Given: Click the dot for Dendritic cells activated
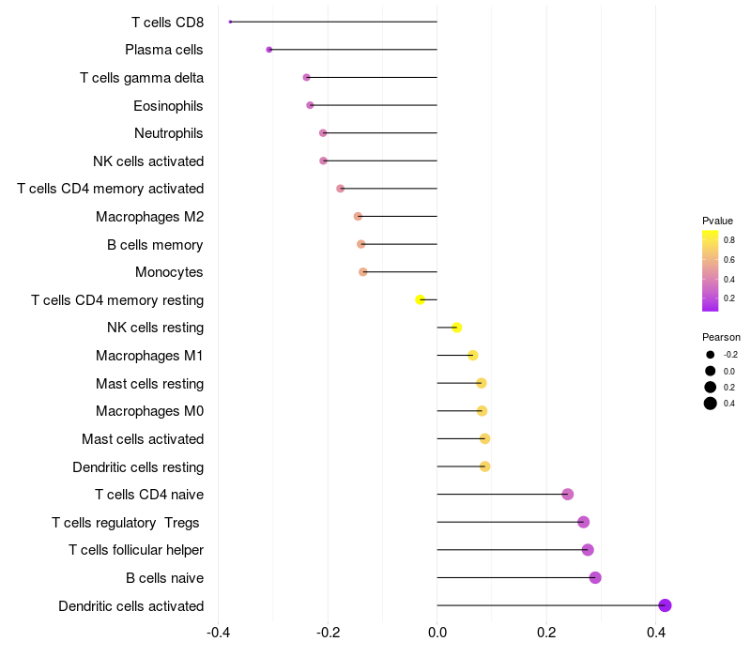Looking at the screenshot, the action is (665, 605).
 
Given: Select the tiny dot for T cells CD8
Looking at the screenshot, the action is (230, 22).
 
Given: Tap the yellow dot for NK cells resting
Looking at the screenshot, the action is (456, 328).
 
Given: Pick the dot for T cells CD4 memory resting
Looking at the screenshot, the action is (420, 299).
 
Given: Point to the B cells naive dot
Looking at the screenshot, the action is (595, 577).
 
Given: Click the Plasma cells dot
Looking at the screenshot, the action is (269, 50).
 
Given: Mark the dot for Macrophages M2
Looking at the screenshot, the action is (358, 217).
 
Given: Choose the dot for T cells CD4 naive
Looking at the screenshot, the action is (568, 495).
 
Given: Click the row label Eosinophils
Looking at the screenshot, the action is (168, 106).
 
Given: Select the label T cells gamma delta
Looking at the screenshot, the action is (142, 78).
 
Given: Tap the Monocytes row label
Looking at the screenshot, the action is (169, 272).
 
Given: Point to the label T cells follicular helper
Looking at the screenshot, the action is (136, 550).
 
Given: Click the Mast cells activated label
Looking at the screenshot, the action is (143, 438).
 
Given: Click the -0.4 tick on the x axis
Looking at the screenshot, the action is (219, 633).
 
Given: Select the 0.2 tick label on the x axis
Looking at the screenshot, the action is (546, 633).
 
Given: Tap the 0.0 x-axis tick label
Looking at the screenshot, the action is (437, 633).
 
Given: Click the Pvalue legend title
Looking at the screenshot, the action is (717, 221).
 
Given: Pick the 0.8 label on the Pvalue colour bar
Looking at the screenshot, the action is (729, 240).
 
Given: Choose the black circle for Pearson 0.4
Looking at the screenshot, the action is (711, 404).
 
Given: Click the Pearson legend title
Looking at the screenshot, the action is (721, 337).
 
